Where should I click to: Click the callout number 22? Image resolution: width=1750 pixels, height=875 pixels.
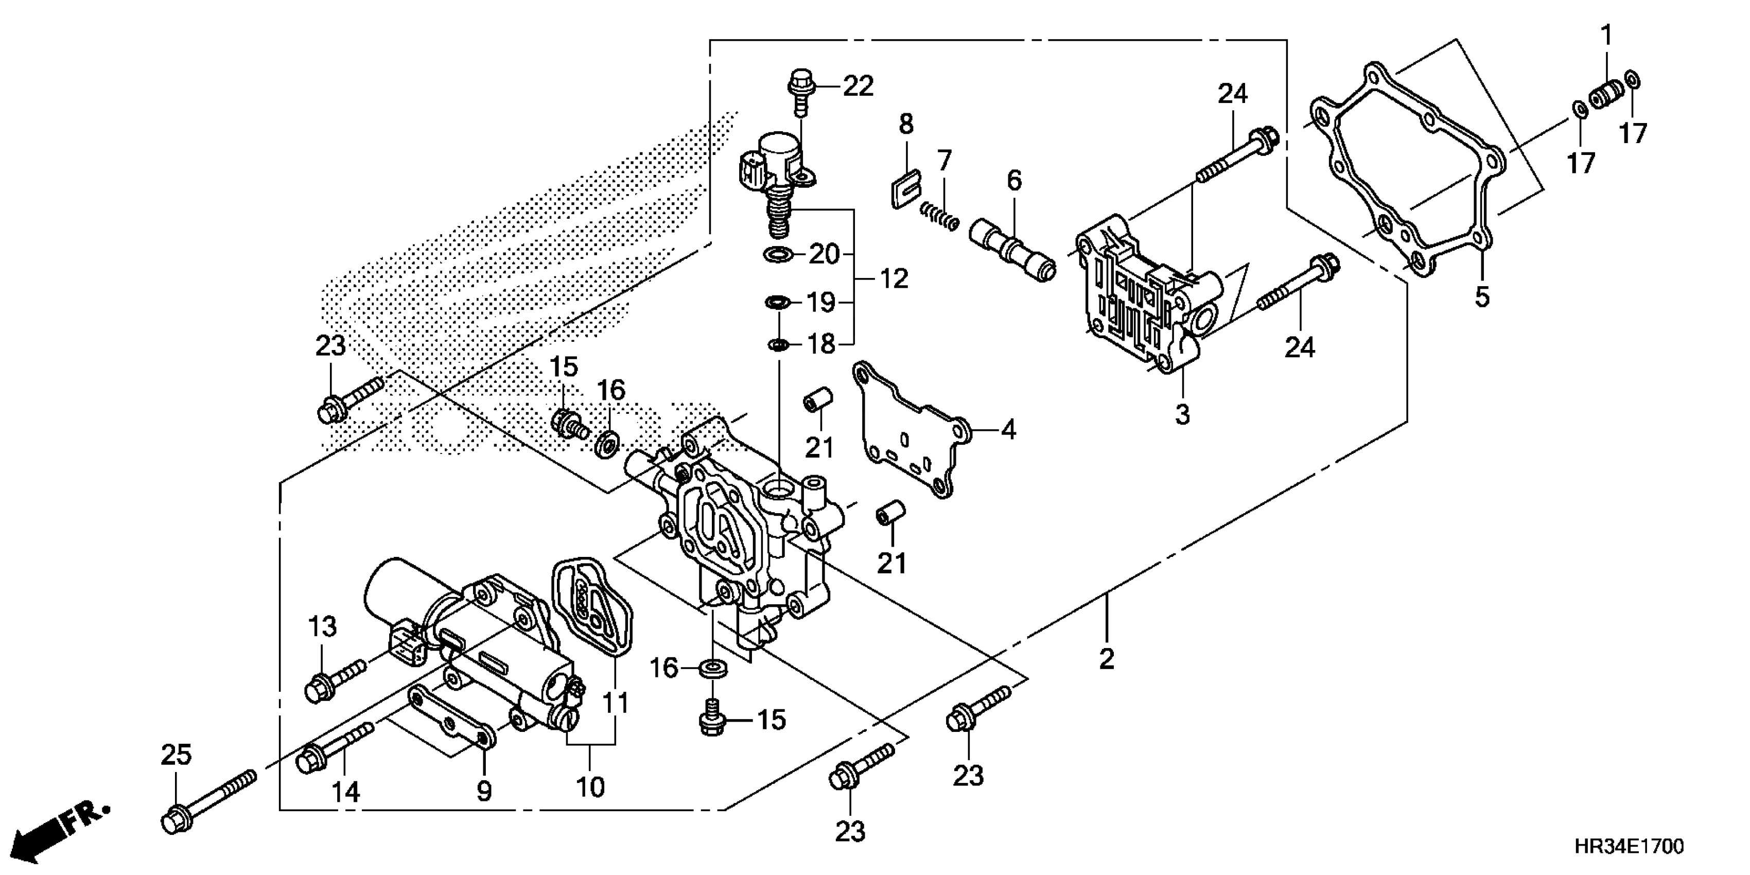tap(858, 87)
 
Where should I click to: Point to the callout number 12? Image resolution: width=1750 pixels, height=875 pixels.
tap(894, 278)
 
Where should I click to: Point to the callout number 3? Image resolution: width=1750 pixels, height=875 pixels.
tap(1182, 414)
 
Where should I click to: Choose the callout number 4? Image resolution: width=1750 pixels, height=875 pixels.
tap(1009, 429)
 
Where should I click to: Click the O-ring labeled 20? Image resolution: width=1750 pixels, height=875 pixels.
tap(779, 255)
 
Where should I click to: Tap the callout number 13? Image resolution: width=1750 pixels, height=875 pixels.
tap(323, 626)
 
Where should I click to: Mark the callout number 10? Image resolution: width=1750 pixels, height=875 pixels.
tap(590, 786)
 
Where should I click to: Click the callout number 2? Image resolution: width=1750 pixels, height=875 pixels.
tap(1107, 658)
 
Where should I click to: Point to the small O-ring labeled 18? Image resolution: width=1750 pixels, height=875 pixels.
tap(777, 345)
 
